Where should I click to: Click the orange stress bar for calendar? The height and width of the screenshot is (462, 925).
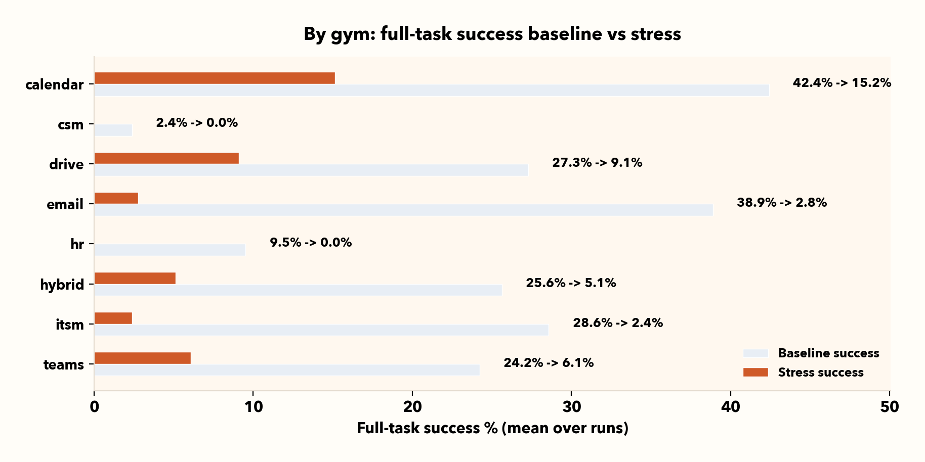tap(215, 78)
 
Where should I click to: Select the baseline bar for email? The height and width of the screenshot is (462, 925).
tap(403, 210)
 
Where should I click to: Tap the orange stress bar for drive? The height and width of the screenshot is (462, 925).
tap(166, 158)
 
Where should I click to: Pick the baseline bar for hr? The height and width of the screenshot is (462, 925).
tap(170, 250)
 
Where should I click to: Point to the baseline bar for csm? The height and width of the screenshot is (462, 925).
tap(113, 130)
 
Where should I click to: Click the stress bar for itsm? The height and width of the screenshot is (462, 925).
tap(113, 318)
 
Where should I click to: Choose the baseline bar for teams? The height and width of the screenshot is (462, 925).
tap(287, 370)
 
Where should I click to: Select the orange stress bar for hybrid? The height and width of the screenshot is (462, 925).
tap(135, 278)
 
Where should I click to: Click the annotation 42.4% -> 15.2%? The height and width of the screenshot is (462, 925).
tap(842, 83)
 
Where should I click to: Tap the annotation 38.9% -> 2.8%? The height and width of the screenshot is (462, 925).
tap(782, 203)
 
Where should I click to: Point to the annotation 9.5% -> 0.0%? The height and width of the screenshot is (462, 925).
tap(311, 243)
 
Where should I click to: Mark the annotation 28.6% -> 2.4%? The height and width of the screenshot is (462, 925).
tap(618, 323)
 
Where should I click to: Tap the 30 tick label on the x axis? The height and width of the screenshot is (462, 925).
tap(571, 407)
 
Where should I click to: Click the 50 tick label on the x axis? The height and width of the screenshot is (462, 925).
tap(889, 407)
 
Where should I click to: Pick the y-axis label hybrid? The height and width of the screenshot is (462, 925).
tap(62, 285)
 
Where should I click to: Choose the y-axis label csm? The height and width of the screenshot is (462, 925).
tap(70, 124)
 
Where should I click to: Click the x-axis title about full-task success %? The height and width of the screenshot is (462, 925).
tap(492, 429)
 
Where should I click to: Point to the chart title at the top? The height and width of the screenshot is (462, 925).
tap(492, 34)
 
